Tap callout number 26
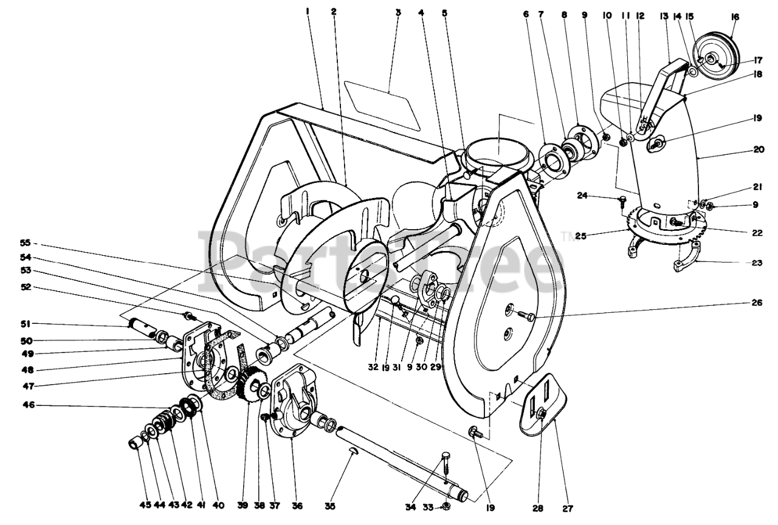point(756,304)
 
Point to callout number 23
point(756,263)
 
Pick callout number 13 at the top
point(664,16)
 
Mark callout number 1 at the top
point(308,12)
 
